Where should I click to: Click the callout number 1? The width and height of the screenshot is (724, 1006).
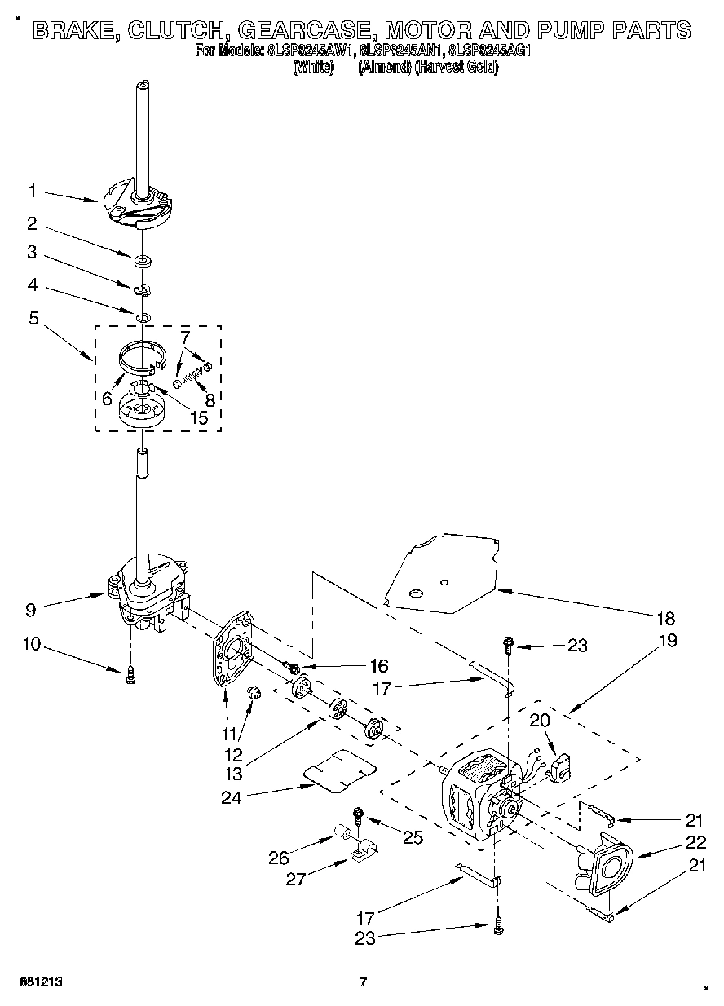[32, 191]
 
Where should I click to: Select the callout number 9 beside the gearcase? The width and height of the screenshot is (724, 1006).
[30, 607]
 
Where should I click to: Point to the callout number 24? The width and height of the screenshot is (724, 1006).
[232, 797]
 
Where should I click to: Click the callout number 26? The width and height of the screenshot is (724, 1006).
[279, 858]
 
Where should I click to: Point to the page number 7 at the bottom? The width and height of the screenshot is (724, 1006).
[364, 982]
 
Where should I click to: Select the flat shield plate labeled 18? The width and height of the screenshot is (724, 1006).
[440, 575]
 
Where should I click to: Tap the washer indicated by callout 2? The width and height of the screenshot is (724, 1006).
[143, 262]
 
